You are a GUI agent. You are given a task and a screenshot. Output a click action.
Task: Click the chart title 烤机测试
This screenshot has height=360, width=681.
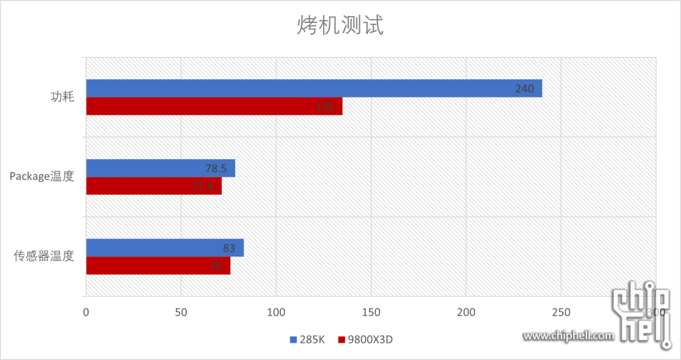[340, 26]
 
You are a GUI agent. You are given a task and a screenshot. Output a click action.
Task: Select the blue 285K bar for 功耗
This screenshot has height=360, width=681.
[313, 88]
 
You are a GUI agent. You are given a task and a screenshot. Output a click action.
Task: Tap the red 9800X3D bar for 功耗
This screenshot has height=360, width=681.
[214, 106]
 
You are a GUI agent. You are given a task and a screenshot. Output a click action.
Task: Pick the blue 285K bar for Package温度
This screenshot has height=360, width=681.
[160, 168]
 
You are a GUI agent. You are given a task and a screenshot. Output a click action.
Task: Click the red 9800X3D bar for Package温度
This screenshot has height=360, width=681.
[154, 186]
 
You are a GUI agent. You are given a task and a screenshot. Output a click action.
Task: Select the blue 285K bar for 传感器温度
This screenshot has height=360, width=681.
[164, 248]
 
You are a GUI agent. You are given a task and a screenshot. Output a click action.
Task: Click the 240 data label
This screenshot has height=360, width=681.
[525, 88]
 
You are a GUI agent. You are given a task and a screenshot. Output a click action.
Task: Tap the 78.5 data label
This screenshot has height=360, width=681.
[218, 168]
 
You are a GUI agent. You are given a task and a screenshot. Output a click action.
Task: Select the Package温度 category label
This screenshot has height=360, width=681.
[42, 177]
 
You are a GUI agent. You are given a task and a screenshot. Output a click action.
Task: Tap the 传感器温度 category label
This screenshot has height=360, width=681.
[44, 256]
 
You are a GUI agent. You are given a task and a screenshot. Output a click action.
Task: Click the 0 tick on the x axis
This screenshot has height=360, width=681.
[86, 312]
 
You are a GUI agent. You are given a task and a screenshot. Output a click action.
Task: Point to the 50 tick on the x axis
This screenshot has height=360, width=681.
[181, 312]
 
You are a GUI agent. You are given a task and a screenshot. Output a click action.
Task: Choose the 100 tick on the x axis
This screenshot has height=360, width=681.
[276, 312]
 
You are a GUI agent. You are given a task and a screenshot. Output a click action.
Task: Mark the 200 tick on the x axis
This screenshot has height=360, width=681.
[466, 312]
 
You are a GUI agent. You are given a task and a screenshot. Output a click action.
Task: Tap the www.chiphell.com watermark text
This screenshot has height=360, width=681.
[568, 336]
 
